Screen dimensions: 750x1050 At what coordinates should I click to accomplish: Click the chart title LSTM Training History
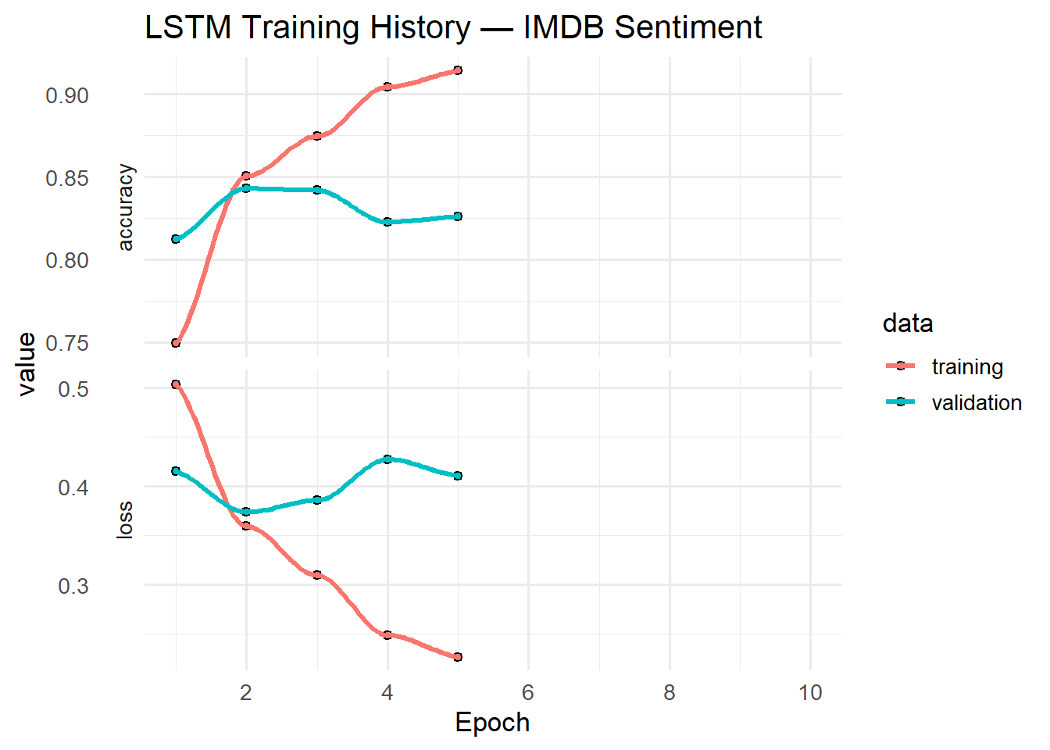pyautogui.click(x=453, y=28)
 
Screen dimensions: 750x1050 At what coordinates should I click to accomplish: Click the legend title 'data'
pyautogui.click(x=908, y=323)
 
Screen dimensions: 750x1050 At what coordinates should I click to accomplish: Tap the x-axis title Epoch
pyautogui.click(x=492, y=723)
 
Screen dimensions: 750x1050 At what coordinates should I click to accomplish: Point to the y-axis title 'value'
pyautogui.click(x=27, y=364)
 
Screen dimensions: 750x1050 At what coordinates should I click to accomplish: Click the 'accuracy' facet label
pyautogui.click(x=125, y=207)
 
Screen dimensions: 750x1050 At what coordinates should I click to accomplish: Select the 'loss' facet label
pyautogui.click(x=125, y=520)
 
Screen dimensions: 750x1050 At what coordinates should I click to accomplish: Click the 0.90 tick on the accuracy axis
pyautogui.click(x=67, y=96)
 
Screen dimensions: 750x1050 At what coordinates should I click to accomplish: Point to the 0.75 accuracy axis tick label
pyautogui.click(x=67, y=344)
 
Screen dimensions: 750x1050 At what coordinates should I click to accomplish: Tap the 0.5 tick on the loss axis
pyautogui.click(x=73, y=389)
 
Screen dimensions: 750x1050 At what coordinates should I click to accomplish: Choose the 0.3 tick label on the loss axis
pyautogui.click(x=73, y=586)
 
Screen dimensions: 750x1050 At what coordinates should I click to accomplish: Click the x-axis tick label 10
pyautogui.click(x=810, y=692)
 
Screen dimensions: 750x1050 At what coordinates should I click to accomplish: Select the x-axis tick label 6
pyautogui.click(x=528, y=692)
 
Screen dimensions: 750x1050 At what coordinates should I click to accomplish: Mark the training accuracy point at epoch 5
pyautogui.click(x=458, y=70)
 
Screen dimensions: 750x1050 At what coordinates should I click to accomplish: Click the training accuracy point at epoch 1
pyautogui.click(x=176, y=343)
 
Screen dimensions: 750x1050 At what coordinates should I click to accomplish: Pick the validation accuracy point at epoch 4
pyautogui.click(x=387, y=222)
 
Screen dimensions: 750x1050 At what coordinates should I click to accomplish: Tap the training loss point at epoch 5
pyautogui.click(x=458, y=657)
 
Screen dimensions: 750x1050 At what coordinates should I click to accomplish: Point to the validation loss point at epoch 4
pyautogui.click(x=387, y=459)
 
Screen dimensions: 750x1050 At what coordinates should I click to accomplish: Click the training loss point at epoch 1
pyautogui.click(x=176, y=384)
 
